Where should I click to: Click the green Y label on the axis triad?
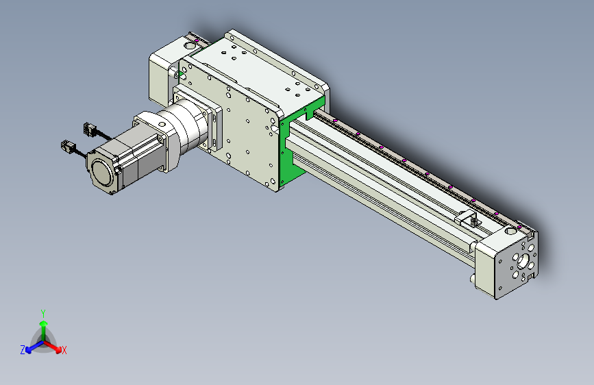(x=43, y=314)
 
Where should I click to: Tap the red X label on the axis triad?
(x=64, y=350)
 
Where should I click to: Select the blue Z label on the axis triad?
(x=23, y=350)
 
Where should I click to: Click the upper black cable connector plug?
(x=90, y=129)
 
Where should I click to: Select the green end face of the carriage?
(x=295, y=144)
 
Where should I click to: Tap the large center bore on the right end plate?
(x=523, y=261)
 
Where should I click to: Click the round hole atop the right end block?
(x=510, y=230)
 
